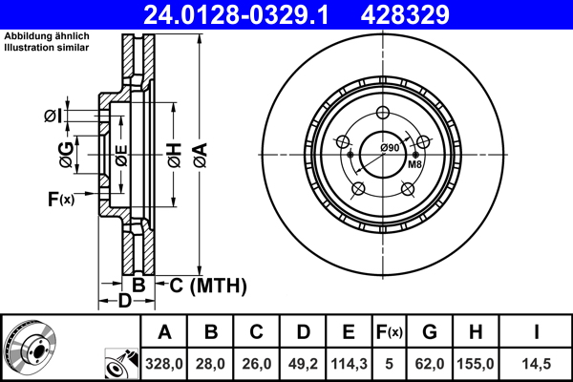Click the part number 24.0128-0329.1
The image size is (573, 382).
[x=246, y=14]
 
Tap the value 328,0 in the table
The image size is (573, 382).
[x=164, y=363]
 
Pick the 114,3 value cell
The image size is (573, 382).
[x=349, y=363]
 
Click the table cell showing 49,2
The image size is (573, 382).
[x=303, y=363]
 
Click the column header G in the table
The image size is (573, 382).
[x=430, y=333]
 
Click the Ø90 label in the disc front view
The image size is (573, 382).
[x=389, y=147]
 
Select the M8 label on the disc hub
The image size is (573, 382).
[x=415, y=165]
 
